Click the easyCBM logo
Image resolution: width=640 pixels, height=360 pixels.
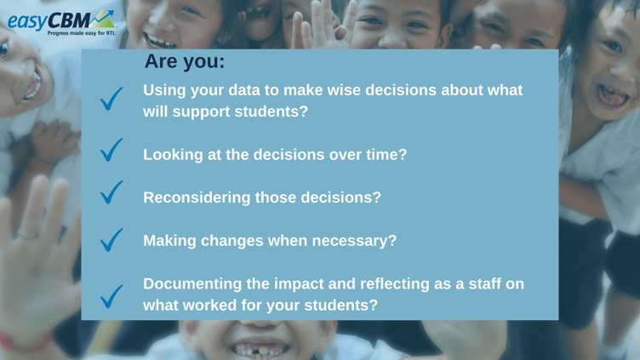61,22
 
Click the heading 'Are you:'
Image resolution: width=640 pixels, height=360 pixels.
185,61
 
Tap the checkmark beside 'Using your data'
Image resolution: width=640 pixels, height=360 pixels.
111,99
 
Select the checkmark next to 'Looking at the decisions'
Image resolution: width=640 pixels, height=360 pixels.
111,150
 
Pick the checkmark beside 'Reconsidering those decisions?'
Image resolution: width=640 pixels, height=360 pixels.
111,192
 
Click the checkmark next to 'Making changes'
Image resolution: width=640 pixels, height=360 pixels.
111,240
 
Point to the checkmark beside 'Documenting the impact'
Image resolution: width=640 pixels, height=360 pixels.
111,296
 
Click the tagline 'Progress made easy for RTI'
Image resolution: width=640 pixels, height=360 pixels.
82,33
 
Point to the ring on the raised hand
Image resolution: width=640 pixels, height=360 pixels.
28,235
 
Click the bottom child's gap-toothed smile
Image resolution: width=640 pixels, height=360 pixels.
260,349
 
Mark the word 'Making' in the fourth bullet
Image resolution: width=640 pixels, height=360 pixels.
169,241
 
